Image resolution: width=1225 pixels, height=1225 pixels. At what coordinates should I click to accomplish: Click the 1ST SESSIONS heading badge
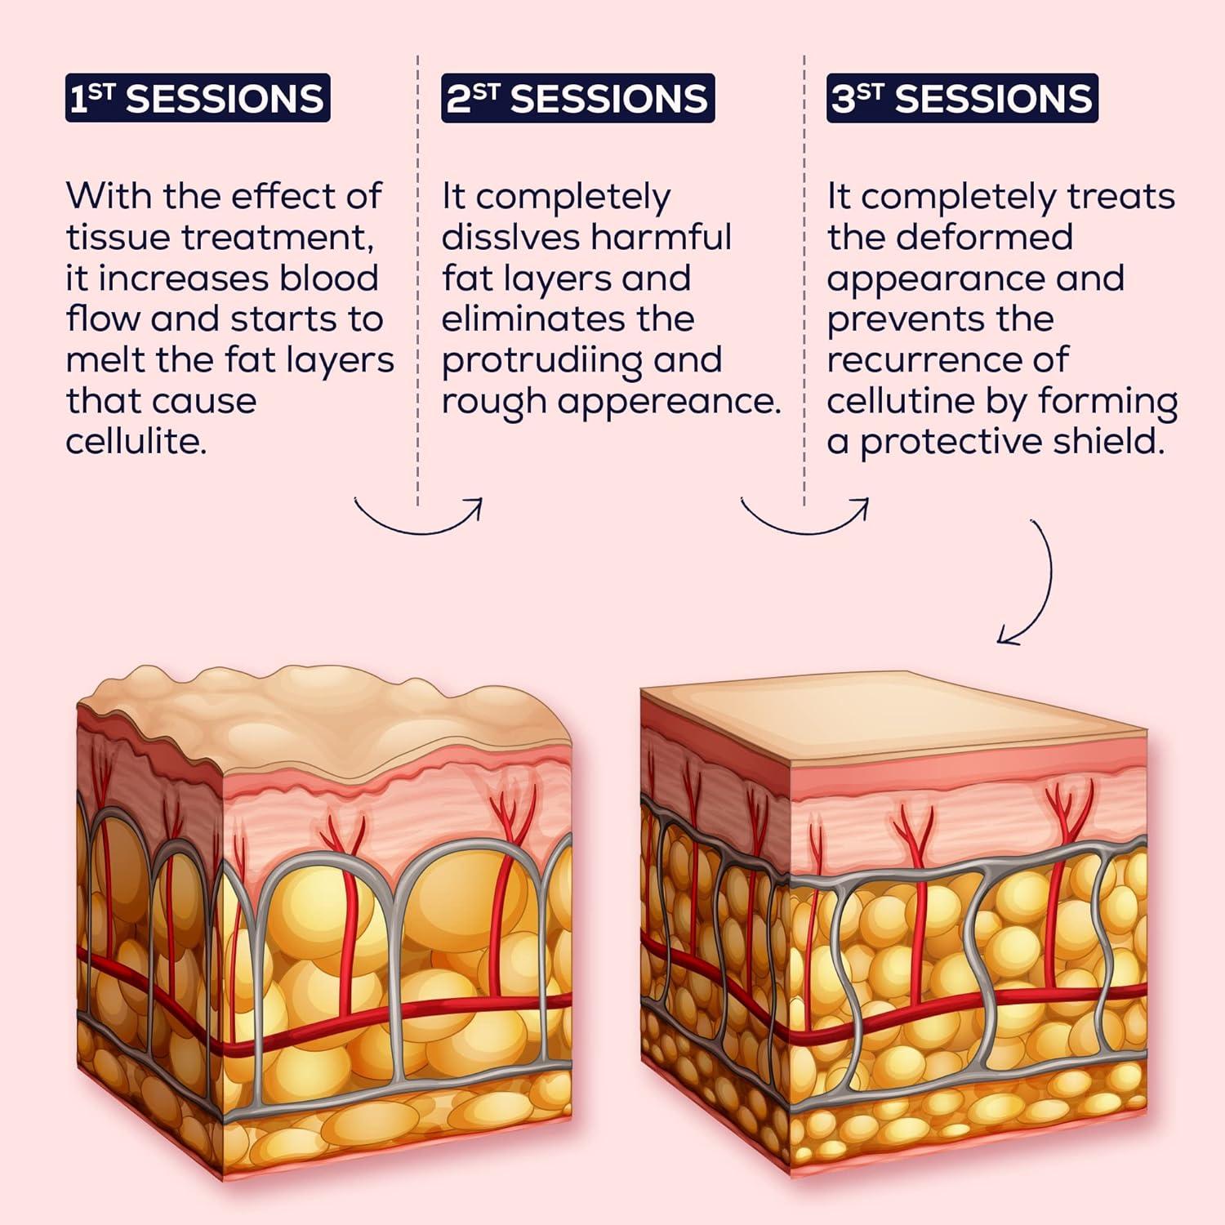pos(198,98)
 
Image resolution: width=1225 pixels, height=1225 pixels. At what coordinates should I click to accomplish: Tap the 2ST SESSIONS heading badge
pos(578,98)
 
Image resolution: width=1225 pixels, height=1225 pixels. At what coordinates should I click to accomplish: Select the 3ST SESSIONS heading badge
pos(962,98)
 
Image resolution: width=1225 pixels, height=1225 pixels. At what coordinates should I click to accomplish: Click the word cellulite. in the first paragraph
pos(136,441)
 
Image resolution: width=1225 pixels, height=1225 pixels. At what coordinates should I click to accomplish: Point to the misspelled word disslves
pos(510,237)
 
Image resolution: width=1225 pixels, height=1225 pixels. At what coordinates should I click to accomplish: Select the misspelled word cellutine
pos(901,400)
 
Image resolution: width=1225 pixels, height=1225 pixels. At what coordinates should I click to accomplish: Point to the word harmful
pos(661,237)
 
